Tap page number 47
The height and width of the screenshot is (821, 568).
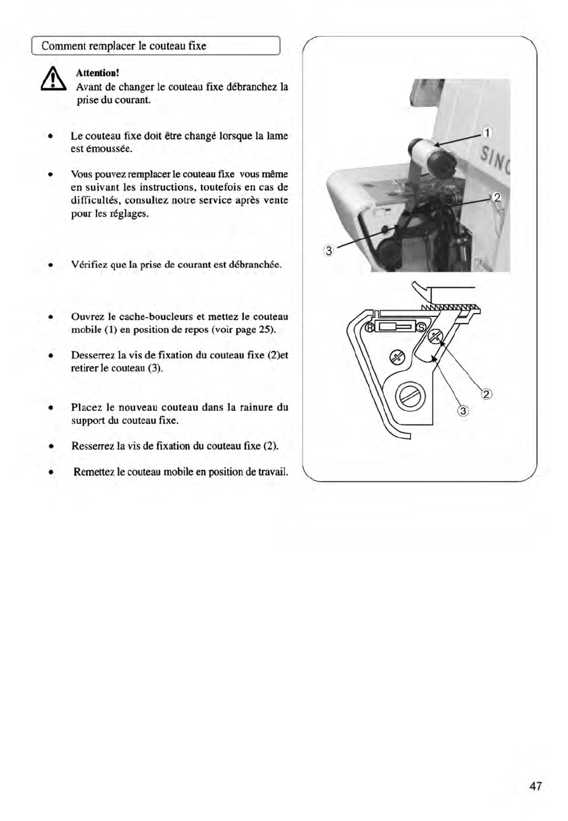[x=535, y=786]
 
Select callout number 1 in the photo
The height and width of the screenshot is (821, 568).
[x=487, y=133]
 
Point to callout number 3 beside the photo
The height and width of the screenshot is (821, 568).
[x=329, y=251]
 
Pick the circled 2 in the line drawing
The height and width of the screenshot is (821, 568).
[x=487, y=395]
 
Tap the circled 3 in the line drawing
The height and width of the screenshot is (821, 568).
[x=463, y=412]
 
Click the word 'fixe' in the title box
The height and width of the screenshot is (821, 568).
[x=197, y=46]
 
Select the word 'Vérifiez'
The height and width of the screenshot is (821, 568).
[x=89, y=264]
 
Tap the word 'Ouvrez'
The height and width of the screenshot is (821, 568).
[x=86, y=317]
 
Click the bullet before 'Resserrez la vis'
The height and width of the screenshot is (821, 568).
[x=50, y=446]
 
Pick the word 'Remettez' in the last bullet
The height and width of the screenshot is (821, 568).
[x=94, y=472]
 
